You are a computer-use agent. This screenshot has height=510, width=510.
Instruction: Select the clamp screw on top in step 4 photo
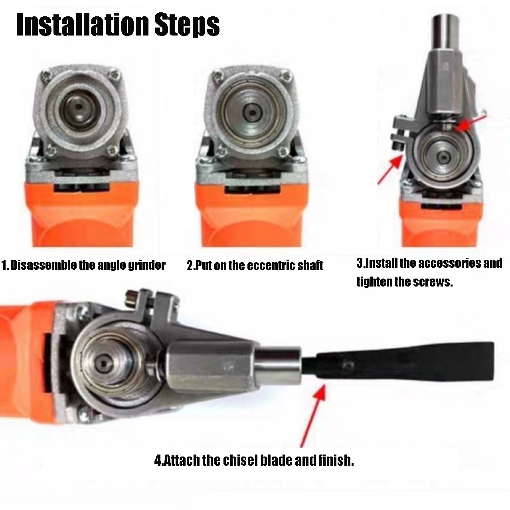(x=130, y=297)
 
